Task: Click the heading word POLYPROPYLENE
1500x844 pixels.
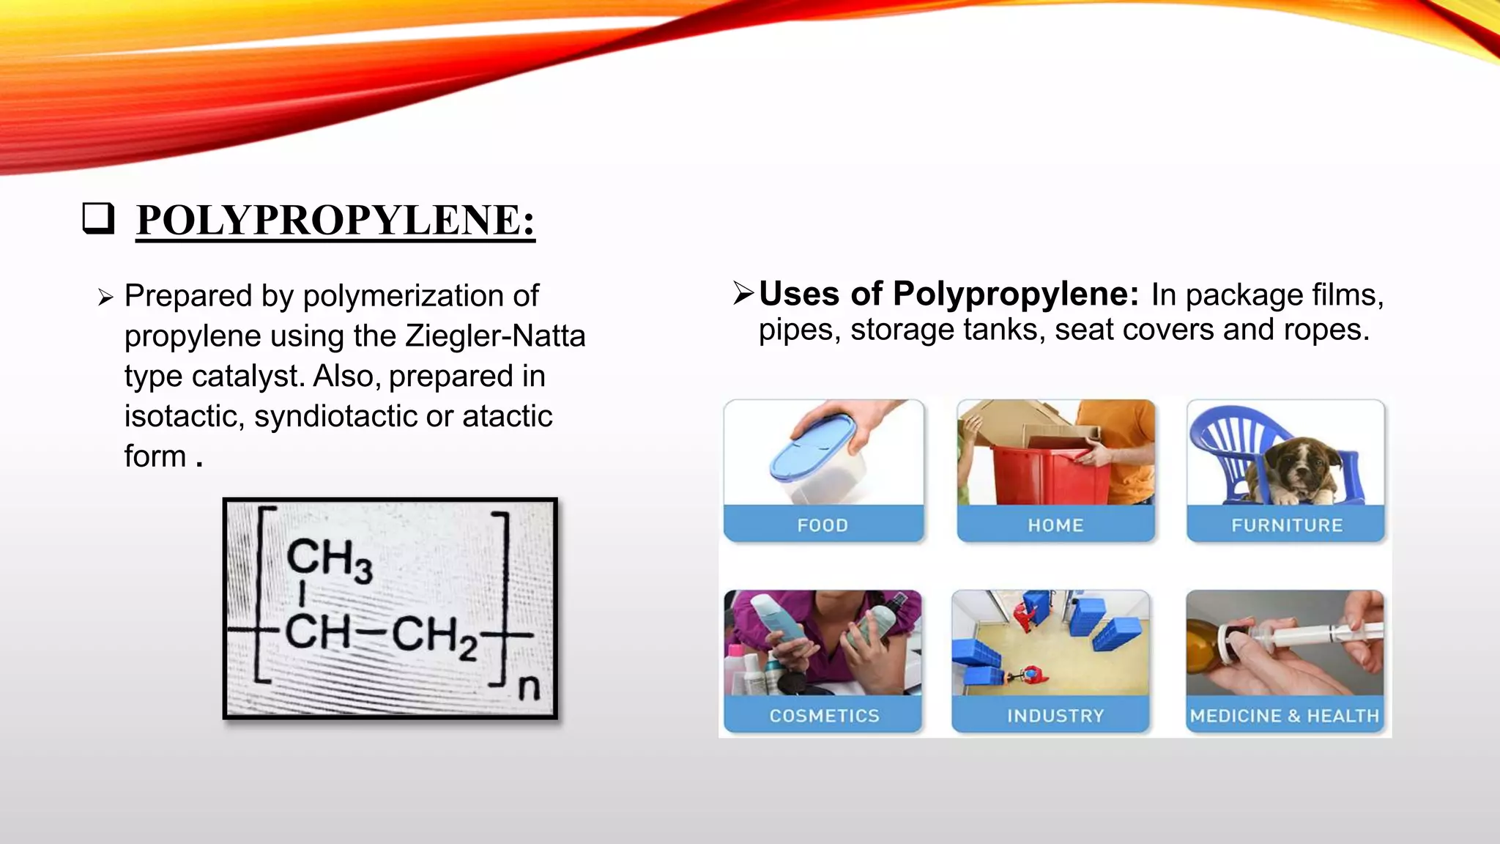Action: tap(335, 220)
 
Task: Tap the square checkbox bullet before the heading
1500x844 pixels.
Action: tap(98, 218)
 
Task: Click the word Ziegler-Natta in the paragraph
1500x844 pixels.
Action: tap(495, 336)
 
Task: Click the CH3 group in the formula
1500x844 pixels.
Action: tap(329, 560)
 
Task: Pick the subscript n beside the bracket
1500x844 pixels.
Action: tap(529, 689)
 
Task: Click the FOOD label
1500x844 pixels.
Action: tap(823, 525)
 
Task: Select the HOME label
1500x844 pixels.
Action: tap(1055, 525)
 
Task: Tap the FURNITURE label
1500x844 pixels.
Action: tap(1287, 525)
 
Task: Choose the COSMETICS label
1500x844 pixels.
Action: tap(824, 716)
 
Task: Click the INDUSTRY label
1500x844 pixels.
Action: tap(1055, 716)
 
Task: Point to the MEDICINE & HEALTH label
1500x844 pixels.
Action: tap(1285, 716)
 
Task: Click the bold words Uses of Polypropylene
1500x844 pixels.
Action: tap(948, 295)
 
